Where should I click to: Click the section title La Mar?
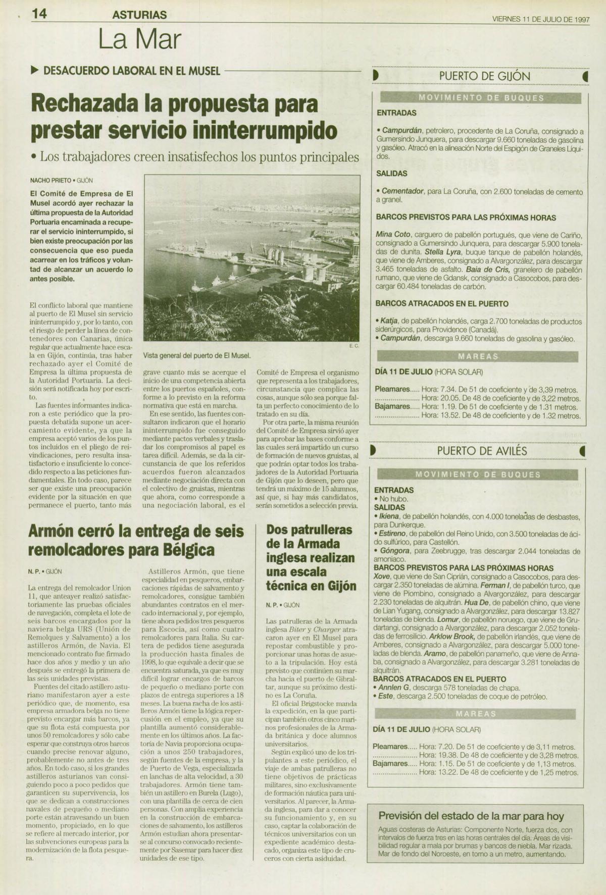(139, 39)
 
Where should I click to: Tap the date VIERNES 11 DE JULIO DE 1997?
(541, 19)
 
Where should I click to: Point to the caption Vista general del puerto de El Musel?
(197, 355)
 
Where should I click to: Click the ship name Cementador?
(402, 192)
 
